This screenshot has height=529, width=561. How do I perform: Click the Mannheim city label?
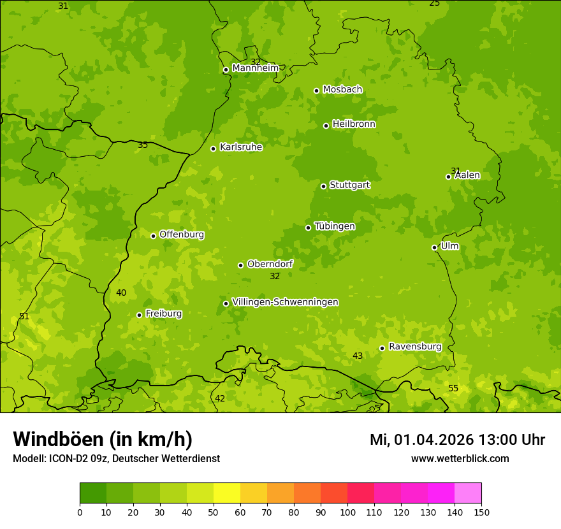pyautogui.click(x=256, y=68)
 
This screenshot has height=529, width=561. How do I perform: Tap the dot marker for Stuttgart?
pyautogui.click(x=323, y=186)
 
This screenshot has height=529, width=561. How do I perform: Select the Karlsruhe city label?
pyautogui.click(x=241, y=147)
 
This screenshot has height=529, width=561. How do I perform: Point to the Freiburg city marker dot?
pyautogui.click(x=139, y=315)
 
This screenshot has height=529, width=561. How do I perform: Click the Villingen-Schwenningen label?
pyautogui.click(x=285, y=302)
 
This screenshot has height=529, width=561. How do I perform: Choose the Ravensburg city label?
pyautogui.click(x=415, y=347)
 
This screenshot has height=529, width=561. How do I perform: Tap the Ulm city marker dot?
pyautogui.click(x=434, y=247)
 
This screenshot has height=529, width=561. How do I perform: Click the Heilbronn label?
pyautogui.click(x=354, y=124)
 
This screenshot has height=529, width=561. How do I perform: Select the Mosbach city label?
pyautogui.click(x=342, y=90)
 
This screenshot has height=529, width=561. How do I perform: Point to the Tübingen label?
pyautogui.click(x=335, y=226)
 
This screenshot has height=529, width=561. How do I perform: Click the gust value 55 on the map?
pyautogui.click(x=453, y=389)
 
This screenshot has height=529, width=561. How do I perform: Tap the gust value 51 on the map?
pyautogui.click(x=24, y=317)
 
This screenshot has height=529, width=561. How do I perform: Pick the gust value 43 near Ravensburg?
pyautogui.click(x=358, y=356)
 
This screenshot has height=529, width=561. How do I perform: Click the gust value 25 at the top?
pyautogui.click(x=434, y=3)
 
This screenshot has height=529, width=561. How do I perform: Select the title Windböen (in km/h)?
pyautogui.click(x=103, y=439)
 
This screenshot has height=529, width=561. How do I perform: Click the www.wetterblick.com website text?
pyautogui.click(x=460, y=459)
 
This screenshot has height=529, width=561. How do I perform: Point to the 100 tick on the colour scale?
pyautogui.click(x=347, y=512)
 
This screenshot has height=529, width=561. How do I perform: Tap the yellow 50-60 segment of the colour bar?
pyautogui.click(x=227, y=493)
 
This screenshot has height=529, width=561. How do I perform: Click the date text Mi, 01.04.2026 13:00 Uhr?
pyautogui.click(x=457, y=440)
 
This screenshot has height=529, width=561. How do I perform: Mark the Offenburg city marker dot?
pyautogui.click(x=153, y=236)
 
